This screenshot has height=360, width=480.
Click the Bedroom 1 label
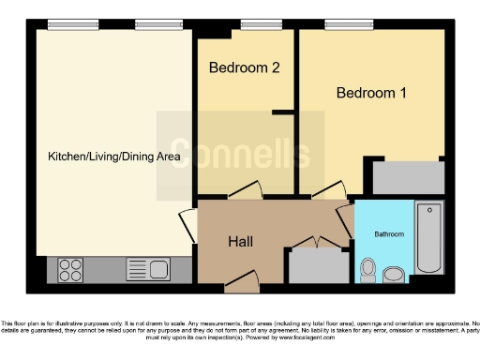click(371, 93)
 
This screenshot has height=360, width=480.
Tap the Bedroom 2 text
click(244, 67)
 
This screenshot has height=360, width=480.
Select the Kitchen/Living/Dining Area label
click(113, 157)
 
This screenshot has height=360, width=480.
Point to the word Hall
click(241, 241)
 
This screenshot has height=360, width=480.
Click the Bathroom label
click(389, 232)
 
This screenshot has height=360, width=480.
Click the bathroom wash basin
click(394, 273)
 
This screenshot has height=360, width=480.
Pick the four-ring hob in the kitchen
click(71, 270)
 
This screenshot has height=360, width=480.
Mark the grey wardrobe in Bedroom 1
click(407, 177)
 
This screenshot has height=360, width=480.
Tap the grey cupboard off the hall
click(317, 265)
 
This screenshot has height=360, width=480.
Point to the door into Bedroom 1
click(327, 191)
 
